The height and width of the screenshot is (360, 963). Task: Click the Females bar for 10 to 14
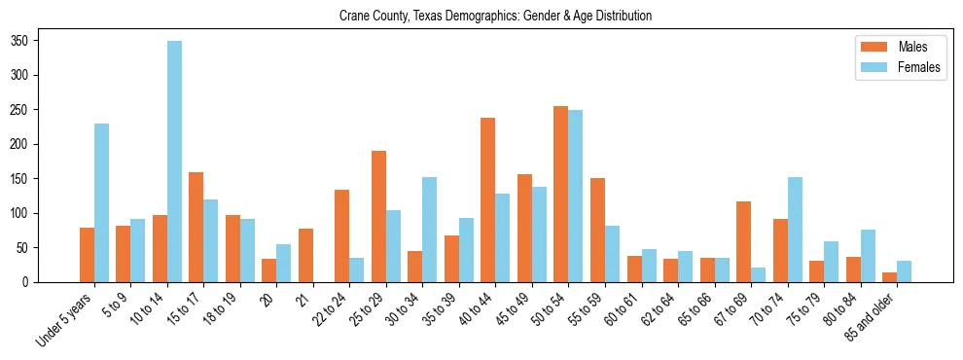click(174, 162)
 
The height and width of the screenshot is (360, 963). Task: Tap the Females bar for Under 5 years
click(101, 202)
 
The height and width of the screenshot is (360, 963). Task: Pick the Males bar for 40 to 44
click(488, 200)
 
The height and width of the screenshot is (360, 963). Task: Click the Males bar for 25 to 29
click(378, 216)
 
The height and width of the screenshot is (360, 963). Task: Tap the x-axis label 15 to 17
click(185, 309)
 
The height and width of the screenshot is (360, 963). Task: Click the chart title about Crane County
click(495, 17)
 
